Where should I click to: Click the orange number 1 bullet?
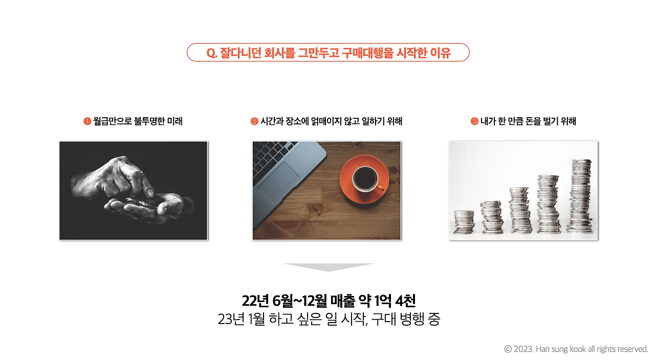pyautogui.click(x=87, y=121)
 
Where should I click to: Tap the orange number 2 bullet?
pyautogui.click(x=254, y=121)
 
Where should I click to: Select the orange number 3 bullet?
pyautogui.click(x=474, y=121)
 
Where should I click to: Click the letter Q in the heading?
pyautogui.click(x=210, y=53)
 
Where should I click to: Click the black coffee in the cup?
pyautogui.click(x=365, y=178)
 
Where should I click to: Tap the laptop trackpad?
pyautogui.click(x=279, y=182)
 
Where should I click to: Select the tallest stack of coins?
pyautogui.click(x=580, y=196)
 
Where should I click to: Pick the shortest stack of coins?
pyautogui.click(x=464, y=222)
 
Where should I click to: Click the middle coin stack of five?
pyautogui.click(x=520, y=210)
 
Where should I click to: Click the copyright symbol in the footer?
pyautogui.click(x=508, y=349)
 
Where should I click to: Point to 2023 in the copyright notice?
pyautogui.click(x=523, y=349)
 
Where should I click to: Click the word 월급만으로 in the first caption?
pyautogui.click(x=112, y=121)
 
